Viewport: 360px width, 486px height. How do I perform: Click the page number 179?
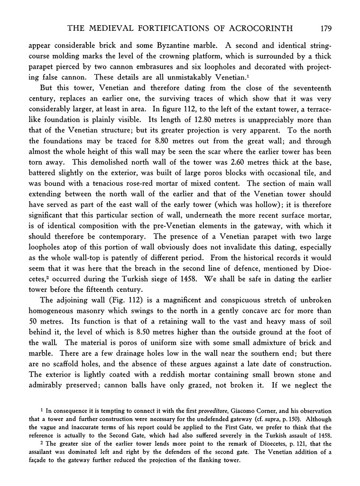coord(325,29)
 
